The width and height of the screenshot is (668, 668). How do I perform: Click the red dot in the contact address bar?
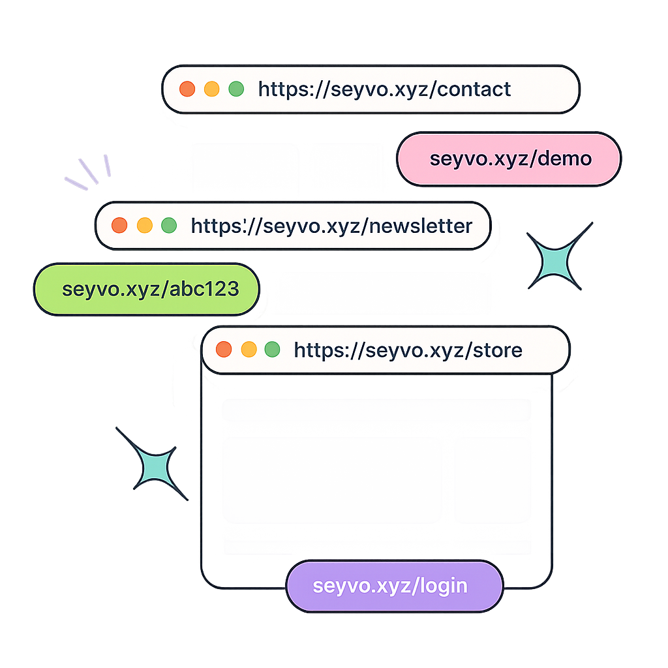point(187,89)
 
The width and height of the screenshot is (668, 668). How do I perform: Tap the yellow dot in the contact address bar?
point(211,89)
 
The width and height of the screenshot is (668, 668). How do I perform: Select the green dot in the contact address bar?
point(235,89)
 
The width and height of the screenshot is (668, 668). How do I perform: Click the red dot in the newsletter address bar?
point(119,226)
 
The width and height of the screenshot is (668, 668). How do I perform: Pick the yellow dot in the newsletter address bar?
point(144,226)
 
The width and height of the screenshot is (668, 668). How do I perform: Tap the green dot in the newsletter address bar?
point(169,226)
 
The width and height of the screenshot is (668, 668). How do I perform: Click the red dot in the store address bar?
point(224,350)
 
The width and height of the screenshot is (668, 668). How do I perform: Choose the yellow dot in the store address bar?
point(249,350)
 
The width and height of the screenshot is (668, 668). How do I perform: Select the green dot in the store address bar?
point(273,350)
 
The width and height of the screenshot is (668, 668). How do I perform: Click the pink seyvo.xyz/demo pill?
point(509,159)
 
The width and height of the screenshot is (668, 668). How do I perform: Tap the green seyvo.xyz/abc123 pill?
point(146,289)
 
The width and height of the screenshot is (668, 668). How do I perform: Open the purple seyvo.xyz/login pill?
point(394,586)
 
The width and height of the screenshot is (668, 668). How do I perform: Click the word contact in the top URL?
point(474,89)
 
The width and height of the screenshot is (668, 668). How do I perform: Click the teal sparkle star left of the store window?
point(152,464)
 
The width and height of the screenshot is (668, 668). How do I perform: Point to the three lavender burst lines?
point(89,172)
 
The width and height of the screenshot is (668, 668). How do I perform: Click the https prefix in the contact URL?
point(284,89)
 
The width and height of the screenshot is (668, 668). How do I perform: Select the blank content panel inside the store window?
point(376,476)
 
